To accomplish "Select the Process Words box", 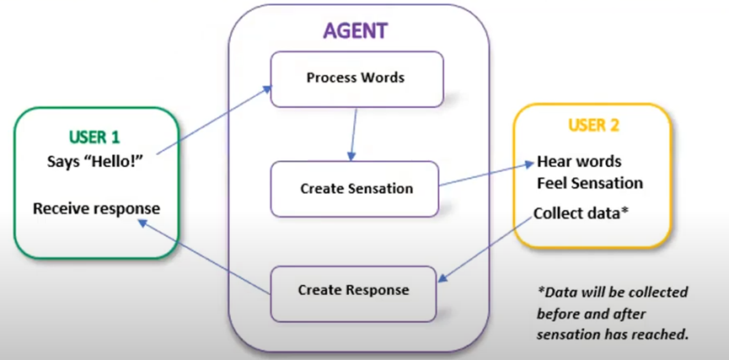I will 356,78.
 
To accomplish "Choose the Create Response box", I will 354,290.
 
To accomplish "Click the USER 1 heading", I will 94,136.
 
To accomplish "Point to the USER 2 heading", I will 593,126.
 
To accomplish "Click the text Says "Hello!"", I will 94,159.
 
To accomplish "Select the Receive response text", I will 96,207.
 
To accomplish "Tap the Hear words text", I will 579,162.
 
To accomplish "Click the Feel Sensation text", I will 590,183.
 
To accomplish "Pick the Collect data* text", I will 581,213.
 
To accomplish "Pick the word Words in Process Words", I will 383,78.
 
